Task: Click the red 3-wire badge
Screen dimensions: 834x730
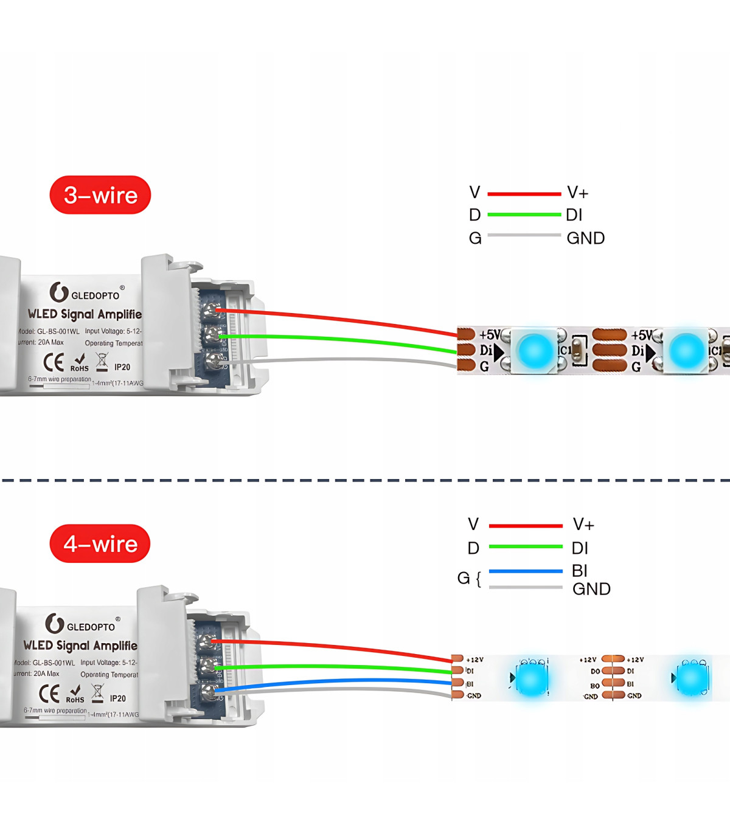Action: [x=100, y=195]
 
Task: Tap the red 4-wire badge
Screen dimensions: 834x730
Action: [x=100, y=543]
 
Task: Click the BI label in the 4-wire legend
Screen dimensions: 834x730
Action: [x=580, y=570]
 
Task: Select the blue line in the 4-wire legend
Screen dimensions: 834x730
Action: [x=526, y=571]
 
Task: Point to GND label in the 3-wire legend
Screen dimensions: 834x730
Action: [x=585, y=238]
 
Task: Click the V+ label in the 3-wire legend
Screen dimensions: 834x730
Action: [x=577, y=193]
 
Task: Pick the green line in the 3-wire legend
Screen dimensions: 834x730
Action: [x=524, y=215]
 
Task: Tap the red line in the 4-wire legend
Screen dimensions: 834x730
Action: [x=526, y=526]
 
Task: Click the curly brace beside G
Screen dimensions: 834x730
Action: [x=479, y=579]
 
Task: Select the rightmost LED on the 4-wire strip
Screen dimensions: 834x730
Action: [x=692, y=678]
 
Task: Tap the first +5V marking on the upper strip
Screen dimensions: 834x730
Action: [x=490, y=335]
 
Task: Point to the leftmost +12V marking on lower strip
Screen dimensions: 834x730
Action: [x=474, y=660]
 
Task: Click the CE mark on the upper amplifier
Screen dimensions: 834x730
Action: [x=54, y=362]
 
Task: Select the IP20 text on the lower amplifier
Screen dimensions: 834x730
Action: [x=118, y=699]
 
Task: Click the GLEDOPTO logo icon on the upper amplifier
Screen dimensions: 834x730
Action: [x=58, y=292]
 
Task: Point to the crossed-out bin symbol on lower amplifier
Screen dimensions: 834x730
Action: [x=97, y=692]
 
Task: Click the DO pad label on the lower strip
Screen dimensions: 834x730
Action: [x=595, y=672]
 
